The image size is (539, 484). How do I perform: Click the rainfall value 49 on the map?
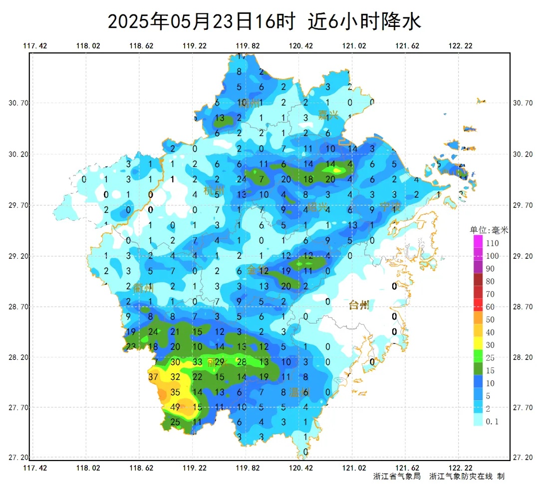click(x=175, y=407)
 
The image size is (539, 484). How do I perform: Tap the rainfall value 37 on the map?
click(x=154, y=377)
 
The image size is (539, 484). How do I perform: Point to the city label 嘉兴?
click(x=328, y=116)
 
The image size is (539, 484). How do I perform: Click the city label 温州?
click(x=299, y=392)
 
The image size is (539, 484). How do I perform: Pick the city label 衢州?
click(x=143, y=288)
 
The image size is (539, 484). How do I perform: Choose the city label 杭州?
click(x=214, y=190)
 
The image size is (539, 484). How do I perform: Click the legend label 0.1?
click(x=492, y=422)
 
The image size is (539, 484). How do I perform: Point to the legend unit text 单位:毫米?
click(x=489, y=231)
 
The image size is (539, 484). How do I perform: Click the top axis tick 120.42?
click(x=300, y=46)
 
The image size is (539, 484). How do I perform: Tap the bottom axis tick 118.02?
click(x=88, y=468)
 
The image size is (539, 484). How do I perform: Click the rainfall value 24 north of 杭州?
click(x=242, y=179)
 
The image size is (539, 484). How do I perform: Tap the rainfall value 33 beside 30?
click(x=197, y=362)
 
